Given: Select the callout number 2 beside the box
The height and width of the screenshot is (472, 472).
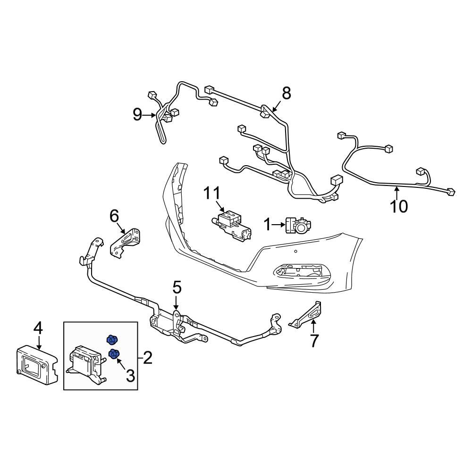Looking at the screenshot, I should point(147,358).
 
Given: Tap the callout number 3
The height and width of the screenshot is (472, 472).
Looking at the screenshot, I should point(130,376).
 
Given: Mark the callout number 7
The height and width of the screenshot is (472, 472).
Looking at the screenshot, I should point(314,340).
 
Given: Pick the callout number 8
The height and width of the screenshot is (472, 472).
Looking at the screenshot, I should point(287,93).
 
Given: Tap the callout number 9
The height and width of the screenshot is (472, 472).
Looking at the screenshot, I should point(137,114).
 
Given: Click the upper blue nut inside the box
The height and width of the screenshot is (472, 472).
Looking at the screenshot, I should point(111,339).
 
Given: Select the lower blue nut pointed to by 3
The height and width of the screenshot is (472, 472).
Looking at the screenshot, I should point(114,354).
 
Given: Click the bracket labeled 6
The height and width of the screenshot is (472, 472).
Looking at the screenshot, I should point(126,242).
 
